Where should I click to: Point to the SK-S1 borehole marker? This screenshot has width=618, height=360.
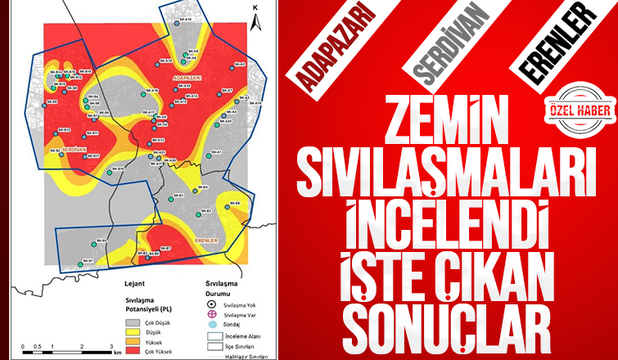point(81,263)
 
